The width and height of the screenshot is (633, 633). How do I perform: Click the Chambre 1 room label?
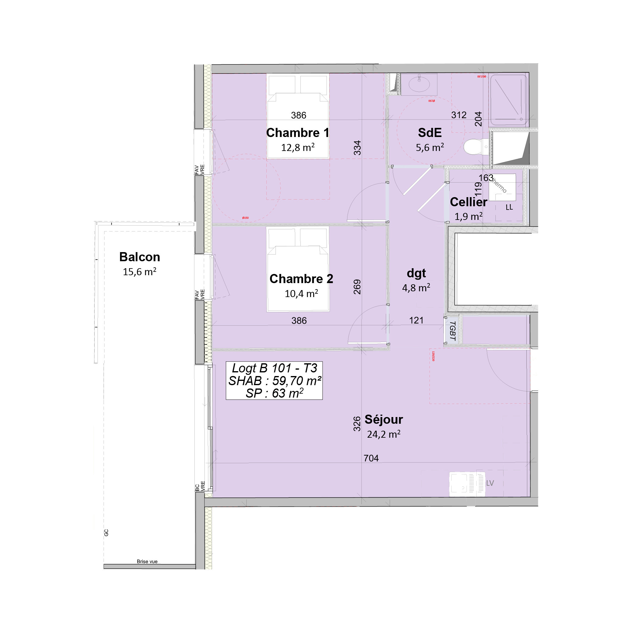297,133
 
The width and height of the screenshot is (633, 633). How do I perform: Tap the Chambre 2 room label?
301,279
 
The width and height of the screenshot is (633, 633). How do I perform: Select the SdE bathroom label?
429,133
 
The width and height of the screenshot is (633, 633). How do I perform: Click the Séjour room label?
384,419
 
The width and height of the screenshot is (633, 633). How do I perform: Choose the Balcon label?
140,257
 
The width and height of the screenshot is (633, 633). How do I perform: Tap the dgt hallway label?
416,273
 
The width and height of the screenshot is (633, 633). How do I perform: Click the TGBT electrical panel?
453,330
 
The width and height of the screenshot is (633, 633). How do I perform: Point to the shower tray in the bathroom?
508,100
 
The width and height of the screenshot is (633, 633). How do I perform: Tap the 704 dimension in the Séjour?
371,458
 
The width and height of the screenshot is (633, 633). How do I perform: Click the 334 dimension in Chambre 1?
357,147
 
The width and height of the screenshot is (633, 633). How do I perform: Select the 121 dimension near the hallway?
416,320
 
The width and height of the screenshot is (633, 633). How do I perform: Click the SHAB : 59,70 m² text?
275,381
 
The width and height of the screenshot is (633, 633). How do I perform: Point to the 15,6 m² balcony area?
140,272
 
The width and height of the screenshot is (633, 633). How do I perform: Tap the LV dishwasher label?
490,483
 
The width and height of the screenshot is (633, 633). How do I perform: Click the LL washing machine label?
509,207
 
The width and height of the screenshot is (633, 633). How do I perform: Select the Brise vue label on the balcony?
147,561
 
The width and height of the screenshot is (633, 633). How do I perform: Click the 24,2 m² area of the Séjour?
384,434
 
